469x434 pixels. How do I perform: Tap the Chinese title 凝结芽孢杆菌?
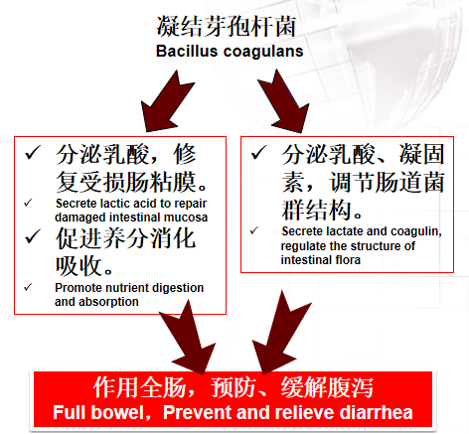pyautogui.click(x=227, y=26)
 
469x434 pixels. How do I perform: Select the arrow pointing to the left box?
pyautogui.click(x=168, y=101)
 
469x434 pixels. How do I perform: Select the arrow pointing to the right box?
pyautogui.click(x=283, y=101)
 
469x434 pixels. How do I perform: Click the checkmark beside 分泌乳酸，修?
pyautogui.click(x=33, y=153)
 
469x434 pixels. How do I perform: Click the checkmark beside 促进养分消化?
pyautogui.click(x=33, y=236)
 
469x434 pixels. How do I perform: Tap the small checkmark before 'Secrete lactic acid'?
pyautogui.click(x=28, y=203)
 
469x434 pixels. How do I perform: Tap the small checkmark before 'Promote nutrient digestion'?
pyautogui.click(x=28, y=287)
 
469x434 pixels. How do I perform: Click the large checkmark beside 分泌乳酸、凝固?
pyautogui.click(x=259, y=153)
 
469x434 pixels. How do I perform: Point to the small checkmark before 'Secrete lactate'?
pyautogui.click(x=254, y=230)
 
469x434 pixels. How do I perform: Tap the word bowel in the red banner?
pyautogui.click(x=118, y=413)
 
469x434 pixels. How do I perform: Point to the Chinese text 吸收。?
pyautogui.click(x=84, y=266)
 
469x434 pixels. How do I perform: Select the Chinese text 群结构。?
pyautogui.click(x=321, y=210)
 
